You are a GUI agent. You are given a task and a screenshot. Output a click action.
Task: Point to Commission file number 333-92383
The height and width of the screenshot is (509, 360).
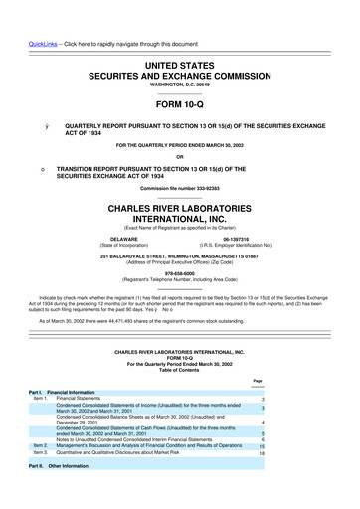(179, 188)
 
